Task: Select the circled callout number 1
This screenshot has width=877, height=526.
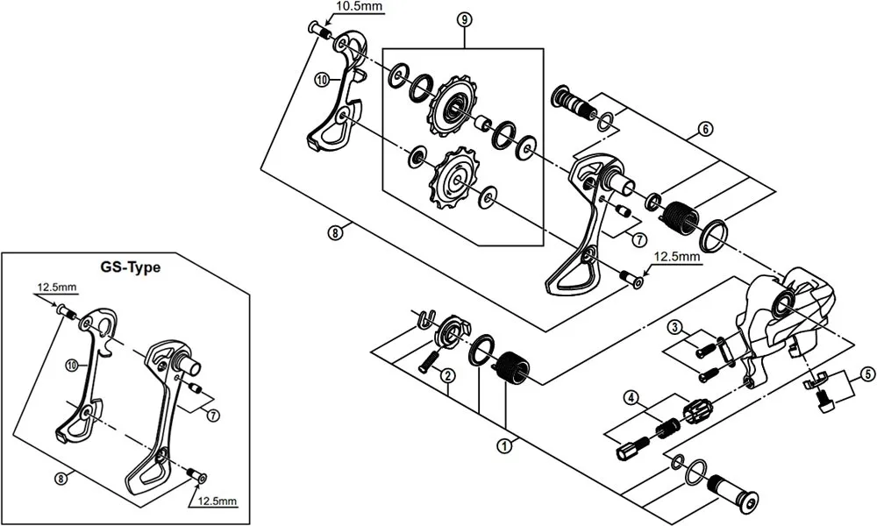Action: [503, 445]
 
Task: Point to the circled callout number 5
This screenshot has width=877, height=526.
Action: [866, 374]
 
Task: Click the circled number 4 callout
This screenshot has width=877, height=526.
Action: [631, 397]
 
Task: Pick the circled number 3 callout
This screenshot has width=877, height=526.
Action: [674, 327]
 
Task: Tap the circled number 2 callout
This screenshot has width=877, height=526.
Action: [447, 376]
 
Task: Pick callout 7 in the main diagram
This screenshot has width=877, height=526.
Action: [638, 238]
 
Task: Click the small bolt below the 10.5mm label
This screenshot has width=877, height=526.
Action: [319, 31]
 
